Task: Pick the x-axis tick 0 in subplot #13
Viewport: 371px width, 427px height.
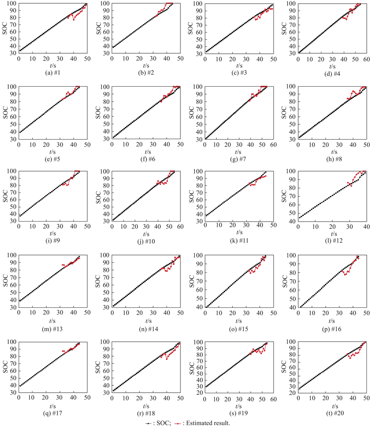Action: [x=19, y=310]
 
